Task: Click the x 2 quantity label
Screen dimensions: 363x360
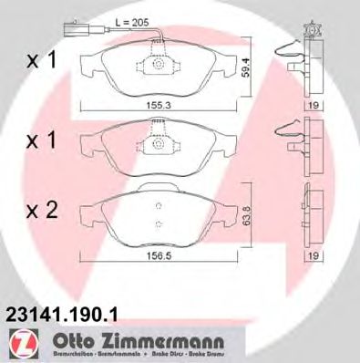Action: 41,211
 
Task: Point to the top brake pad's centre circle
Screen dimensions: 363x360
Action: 158,67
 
